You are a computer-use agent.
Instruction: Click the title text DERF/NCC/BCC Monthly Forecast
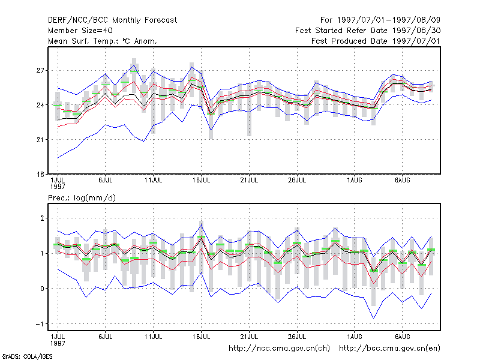click(x=112, y=20)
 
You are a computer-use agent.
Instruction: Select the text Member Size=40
click(x=80, y=31)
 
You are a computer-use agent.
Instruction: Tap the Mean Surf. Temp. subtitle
click(x=103, y=41)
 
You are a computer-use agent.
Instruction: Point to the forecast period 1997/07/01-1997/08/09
click(x=380, y=20)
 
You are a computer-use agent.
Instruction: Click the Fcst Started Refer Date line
click(x=368, y=31)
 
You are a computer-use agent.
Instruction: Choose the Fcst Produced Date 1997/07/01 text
click(x=376, y=41)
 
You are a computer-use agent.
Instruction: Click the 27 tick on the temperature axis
click(x=40, y=70)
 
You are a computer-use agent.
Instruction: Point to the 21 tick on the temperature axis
click(x=40, y=140)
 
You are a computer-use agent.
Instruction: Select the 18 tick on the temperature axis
click(x=40, y=174)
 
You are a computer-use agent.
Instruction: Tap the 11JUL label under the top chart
click(x=154, y=180)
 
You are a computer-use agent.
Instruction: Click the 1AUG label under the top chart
click(x=355, y=180)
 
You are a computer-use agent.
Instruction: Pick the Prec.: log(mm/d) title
click(x=82, y=198)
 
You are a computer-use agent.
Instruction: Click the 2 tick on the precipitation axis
click(x=42, y=218)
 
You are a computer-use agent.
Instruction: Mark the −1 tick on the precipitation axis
click(x=40, y=324)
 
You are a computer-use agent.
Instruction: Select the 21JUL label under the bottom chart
click(x=249, y=337)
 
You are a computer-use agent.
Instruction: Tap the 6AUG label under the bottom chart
click(x=402, y=337)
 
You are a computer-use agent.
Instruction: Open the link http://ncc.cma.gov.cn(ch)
click(x=280, y=349)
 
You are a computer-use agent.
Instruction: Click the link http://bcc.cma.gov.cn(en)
click(x=389, y=349)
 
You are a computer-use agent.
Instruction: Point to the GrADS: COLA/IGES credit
click(x=27, y=356)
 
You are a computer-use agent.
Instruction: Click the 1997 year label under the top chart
click(x=58, y=187)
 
